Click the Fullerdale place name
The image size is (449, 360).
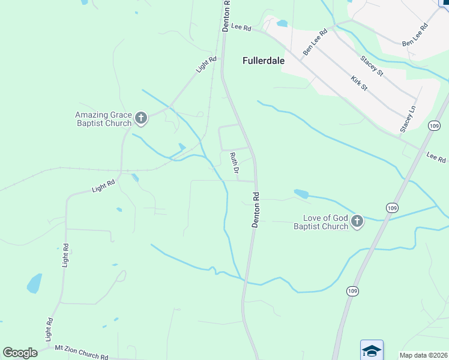264,61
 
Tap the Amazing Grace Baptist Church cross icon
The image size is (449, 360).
141,118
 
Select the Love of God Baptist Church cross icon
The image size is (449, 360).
357,221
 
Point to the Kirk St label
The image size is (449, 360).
359,83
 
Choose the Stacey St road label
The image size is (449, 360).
372,65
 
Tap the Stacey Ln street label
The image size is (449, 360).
408,119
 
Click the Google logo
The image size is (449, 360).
20,352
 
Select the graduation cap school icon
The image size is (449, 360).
372,350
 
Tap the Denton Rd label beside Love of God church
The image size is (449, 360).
256,209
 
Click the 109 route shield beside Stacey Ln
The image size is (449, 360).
435,125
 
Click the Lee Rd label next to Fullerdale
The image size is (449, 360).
240,28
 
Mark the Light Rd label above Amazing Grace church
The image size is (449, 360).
205,65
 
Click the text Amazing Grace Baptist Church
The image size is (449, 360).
103,119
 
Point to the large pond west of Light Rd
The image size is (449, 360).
35,283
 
